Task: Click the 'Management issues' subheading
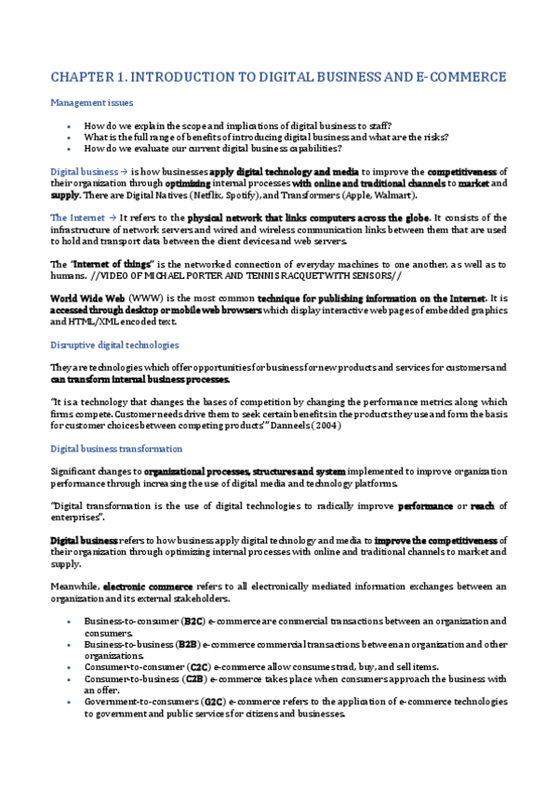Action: [x=91, y=102]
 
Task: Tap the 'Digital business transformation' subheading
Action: [x=116, y=449]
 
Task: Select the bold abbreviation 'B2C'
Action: [x=193, y=620]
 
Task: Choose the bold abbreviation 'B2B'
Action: [x=188, y=643]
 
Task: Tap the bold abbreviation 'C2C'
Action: [x=199, y=667]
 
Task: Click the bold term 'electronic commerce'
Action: [x=147, y=586]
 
